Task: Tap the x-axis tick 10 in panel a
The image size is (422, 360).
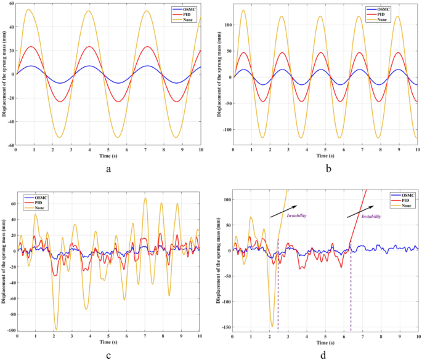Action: (200, 150)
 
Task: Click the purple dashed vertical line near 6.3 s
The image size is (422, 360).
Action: (351, 289)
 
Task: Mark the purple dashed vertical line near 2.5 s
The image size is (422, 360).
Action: (278, 289)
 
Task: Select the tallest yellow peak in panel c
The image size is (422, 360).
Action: (145, 198)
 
